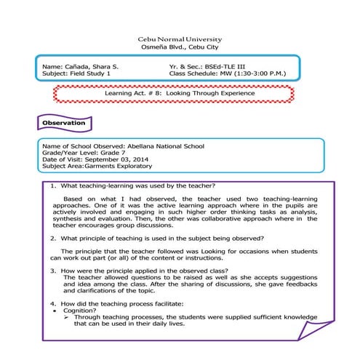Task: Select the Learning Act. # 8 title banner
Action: (x=179, y=94)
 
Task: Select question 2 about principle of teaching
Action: (x=161, y=239)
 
